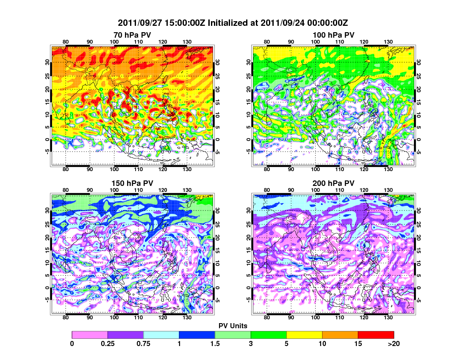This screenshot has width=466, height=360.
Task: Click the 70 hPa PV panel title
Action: (x=132, y=35)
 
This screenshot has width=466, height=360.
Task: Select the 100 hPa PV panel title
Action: (x=333, y=35)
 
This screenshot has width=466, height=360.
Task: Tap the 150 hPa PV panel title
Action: (x=132, y=183)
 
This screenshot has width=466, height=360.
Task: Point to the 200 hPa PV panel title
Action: (x=333, y=183)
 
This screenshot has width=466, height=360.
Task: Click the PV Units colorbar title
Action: (x=233, y=326)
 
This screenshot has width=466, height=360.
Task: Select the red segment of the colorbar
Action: (x=376, y=335)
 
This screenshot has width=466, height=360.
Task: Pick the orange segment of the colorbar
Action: (x=340, y=335)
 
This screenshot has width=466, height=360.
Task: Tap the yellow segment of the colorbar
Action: (x=305, y=335)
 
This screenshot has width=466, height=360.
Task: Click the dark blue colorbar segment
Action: (x=197, y=335)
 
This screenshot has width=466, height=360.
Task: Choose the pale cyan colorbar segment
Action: (x=161, y=335)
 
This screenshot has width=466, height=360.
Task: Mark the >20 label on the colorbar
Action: (x=393, y=343)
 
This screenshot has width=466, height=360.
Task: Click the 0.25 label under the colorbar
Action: (x=108, y=343)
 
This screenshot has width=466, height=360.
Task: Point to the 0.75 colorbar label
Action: (x=143, y=343)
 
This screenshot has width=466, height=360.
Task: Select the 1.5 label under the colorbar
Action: (x=215, y=343)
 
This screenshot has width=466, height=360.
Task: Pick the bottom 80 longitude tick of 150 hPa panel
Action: (x=66, y=317)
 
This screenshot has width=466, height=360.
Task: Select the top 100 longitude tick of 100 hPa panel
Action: (x=316, y=42)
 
